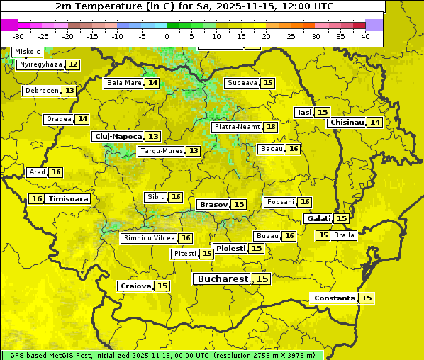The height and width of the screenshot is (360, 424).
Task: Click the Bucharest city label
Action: (223, 279)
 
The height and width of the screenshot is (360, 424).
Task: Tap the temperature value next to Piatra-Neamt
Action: (271, 127)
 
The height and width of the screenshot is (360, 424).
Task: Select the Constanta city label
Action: (333, 298)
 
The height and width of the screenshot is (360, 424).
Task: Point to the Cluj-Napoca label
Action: (118, 136)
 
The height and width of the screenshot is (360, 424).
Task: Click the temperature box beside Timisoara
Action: (37, 199)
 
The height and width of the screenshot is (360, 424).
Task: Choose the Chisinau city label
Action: (347, 122)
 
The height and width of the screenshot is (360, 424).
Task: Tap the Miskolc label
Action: (27, 52)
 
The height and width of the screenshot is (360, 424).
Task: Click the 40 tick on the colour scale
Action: (365, 36)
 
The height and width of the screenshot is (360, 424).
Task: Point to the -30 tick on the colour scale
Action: (18, 36)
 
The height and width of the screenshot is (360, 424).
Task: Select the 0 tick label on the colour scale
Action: (167, 36)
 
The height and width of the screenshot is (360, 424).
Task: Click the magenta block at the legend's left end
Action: (9, 25)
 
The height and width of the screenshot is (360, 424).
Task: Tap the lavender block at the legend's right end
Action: (374, 25)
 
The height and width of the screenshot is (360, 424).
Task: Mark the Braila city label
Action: (344, 235)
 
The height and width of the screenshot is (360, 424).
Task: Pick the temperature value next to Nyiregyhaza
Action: (73, 64)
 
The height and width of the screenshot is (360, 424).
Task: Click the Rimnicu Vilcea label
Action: (148, 238)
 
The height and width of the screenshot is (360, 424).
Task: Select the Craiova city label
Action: (135, 286)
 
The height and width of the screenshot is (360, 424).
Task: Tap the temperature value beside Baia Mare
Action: (152, 83)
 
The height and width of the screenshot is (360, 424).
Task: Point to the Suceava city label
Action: (242, 83)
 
